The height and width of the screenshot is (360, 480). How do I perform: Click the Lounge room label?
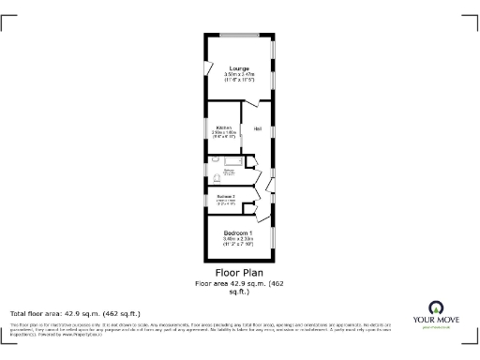(x=239, y=68)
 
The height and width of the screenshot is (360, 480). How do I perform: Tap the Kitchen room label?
(x=224, y=127)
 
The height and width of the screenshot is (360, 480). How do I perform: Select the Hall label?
(x=257, y=127)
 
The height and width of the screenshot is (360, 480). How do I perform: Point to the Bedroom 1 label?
(x=238, y=232)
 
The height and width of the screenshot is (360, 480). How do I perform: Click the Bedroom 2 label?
(x=226, y=195)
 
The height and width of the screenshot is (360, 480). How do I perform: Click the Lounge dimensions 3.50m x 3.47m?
(x=239, y=75)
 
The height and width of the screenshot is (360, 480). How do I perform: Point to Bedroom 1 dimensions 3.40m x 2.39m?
(x=238, y=239)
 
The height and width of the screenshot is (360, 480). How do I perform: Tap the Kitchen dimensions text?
(x=224, y=134)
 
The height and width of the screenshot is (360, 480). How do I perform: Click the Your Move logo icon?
(x=435, y=307)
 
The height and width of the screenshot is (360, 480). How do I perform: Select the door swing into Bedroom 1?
(x=262, y=217)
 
